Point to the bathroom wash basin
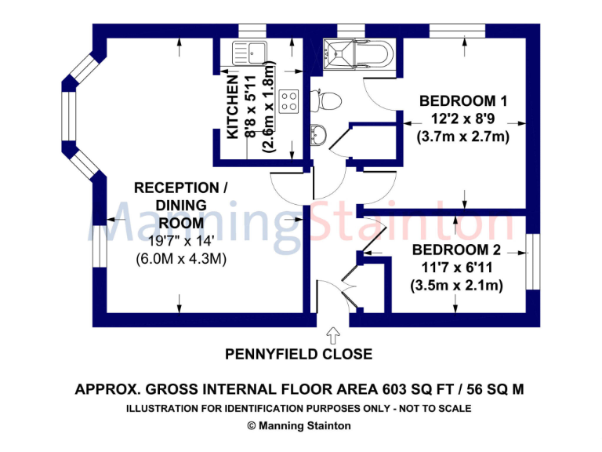tap(318, 135)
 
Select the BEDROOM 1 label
tap(463, 101)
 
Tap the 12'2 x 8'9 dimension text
tap(463, 119)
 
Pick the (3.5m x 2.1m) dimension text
tap(456, 286)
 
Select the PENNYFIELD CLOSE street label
tap(299, 355)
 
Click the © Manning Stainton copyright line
tap(299, 425)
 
